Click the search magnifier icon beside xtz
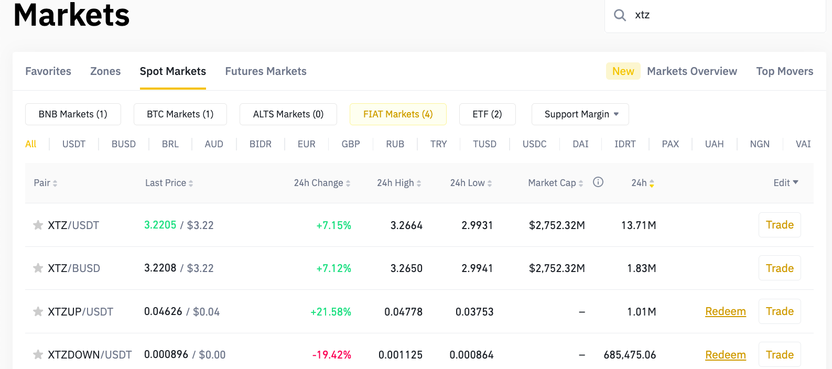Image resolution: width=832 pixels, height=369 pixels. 620,15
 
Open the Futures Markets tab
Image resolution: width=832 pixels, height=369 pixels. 266,71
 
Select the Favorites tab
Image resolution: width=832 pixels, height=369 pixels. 48,71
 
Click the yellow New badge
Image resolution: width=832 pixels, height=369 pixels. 623,71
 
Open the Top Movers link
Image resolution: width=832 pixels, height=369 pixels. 784,71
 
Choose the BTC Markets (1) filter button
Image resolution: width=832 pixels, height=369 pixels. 180,114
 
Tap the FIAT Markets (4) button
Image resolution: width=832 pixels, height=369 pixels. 398,114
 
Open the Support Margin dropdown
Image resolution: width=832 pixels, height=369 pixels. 580,114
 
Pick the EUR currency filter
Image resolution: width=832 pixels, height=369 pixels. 307,144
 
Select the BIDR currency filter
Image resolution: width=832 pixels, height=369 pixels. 261,144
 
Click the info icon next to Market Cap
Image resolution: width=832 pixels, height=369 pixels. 598,182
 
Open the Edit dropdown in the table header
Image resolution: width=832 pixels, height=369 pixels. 785,182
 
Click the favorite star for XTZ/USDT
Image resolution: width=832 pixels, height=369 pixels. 38,225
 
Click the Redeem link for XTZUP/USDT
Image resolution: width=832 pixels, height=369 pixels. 725,311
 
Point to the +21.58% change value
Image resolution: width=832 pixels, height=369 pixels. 331,312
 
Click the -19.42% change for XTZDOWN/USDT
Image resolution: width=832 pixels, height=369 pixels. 332,355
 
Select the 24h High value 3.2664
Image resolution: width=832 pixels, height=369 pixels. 406,225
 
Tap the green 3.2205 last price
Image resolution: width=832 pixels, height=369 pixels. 160,225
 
